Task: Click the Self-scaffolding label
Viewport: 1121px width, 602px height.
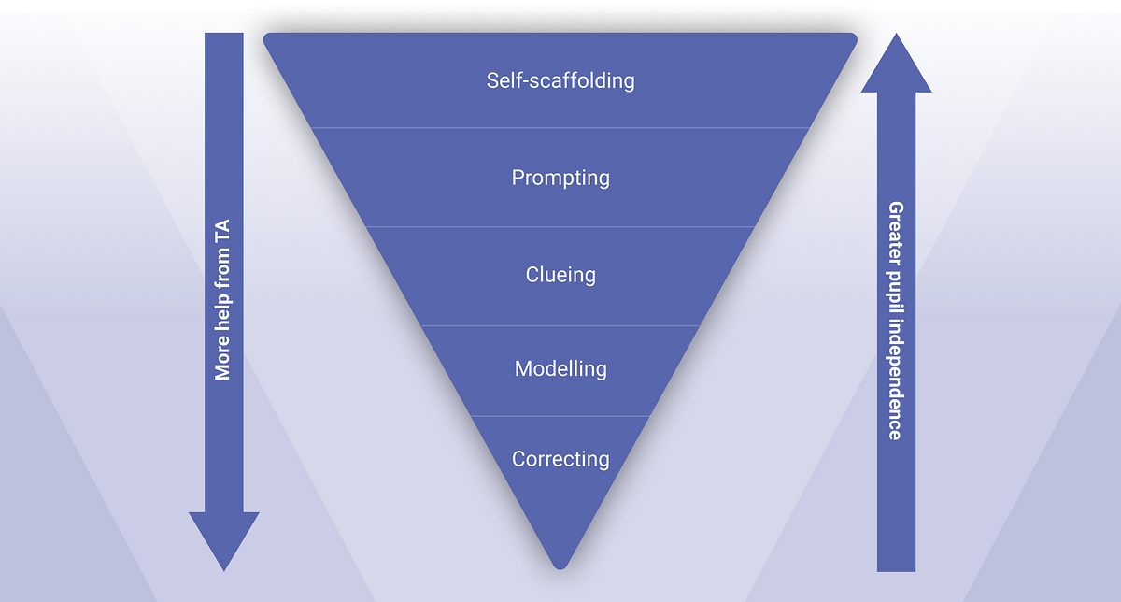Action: click(x=560, y=80)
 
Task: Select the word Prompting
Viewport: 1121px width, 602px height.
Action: click(x=560, y=179)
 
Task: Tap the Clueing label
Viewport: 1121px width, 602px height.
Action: click(x=560, y=275)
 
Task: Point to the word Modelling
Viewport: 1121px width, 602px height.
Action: click(x=560, y=369)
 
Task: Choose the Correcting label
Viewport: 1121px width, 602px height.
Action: click(x=560, y=459)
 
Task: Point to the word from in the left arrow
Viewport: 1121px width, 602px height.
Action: click(x=222, y=268)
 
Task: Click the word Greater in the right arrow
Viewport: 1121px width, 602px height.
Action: click(x=895, y=234)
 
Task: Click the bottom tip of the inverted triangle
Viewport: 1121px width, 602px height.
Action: click(x=560, y=569)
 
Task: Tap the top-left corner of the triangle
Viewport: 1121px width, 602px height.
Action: click(x=265, y=36)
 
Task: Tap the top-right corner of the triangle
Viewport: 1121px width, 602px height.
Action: click(x=856, y=36)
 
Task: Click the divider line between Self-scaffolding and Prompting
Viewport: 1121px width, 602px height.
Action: click(x=560, y=128)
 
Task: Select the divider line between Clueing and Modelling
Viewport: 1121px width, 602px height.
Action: click(x=560, y=325)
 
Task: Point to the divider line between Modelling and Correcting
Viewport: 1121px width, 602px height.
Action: click(x=560, y=416)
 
